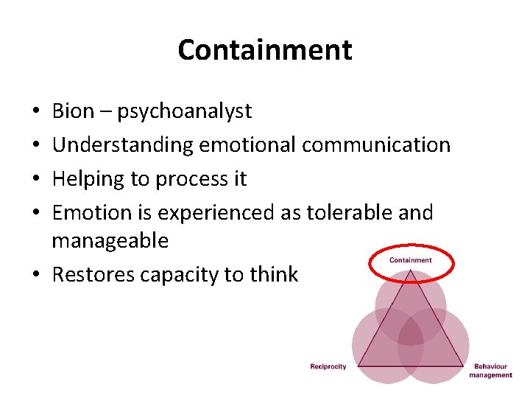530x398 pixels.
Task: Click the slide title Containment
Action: (265, 50)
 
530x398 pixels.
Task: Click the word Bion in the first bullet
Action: (73, 111)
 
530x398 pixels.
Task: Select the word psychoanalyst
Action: (185, 112)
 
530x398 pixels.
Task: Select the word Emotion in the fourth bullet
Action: (92, 213)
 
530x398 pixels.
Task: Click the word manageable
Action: (110, 241)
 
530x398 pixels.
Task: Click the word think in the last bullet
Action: (273, 275)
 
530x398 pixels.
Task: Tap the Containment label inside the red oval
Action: (411, 260)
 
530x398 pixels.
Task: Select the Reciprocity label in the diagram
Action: (328, 366)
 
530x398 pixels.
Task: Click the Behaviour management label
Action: (490, 371)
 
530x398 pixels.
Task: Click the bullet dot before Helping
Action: (36, 179)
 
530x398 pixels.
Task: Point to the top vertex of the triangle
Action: (411, 272)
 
